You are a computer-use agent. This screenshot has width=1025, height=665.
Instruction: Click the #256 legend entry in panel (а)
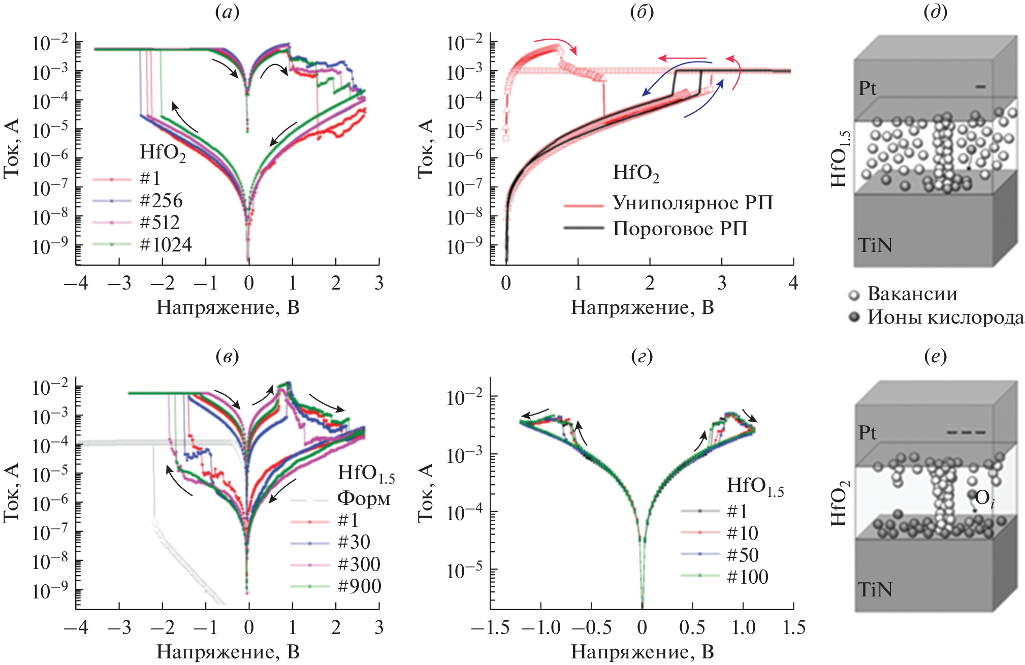161,201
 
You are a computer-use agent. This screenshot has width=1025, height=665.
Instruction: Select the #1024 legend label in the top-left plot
166,245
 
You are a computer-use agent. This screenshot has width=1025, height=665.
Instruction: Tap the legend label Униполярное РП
693,203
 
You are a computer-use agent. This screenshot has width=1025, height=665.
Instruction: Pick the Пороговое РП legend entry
680,229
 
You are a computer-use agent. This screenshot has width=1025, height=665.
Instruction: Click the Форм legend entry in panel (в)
364,498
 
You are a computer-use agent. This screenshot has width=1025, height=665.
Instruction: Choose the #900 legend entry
360,586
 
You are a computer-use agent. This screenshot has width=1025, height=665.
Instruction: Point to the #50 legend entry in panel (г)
743,555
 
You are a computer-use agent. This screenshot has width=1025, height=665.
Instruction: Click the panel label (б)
642,12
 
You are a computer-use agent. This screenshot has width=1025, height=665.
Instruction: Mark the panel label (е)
936,357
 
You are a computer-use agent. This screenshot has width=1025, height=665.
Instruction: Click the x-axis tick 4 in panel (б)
793,283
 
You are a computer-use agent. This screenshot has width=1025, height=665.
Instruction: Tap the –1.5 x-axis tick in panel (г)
491,627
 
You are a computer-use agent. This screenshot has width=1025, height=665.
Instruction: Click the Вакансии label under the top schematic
912,294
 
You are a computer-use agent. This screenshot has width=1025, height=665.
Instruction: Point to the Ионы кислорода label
945,317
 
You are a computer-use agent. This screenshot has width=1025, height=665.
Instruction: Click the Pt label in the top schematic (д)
868,88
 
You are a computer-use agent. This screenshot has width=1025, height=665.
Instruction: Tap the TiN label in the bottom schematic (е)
875,589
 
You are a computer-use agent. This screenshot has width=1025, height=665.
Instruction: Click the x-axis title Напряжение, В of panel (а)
228,307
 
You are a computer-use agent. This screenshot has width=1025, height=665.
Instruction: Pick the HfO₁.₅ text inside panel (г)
755,486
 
